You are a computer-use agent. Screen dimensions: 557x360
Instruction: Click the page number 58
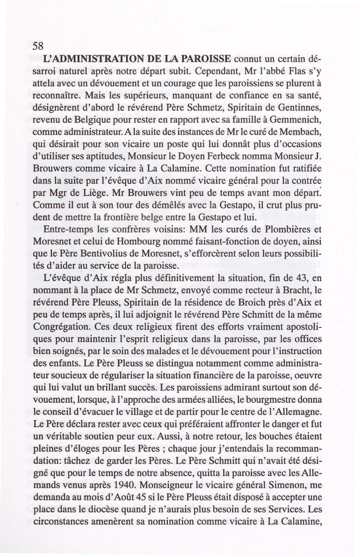pos(38,46)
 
